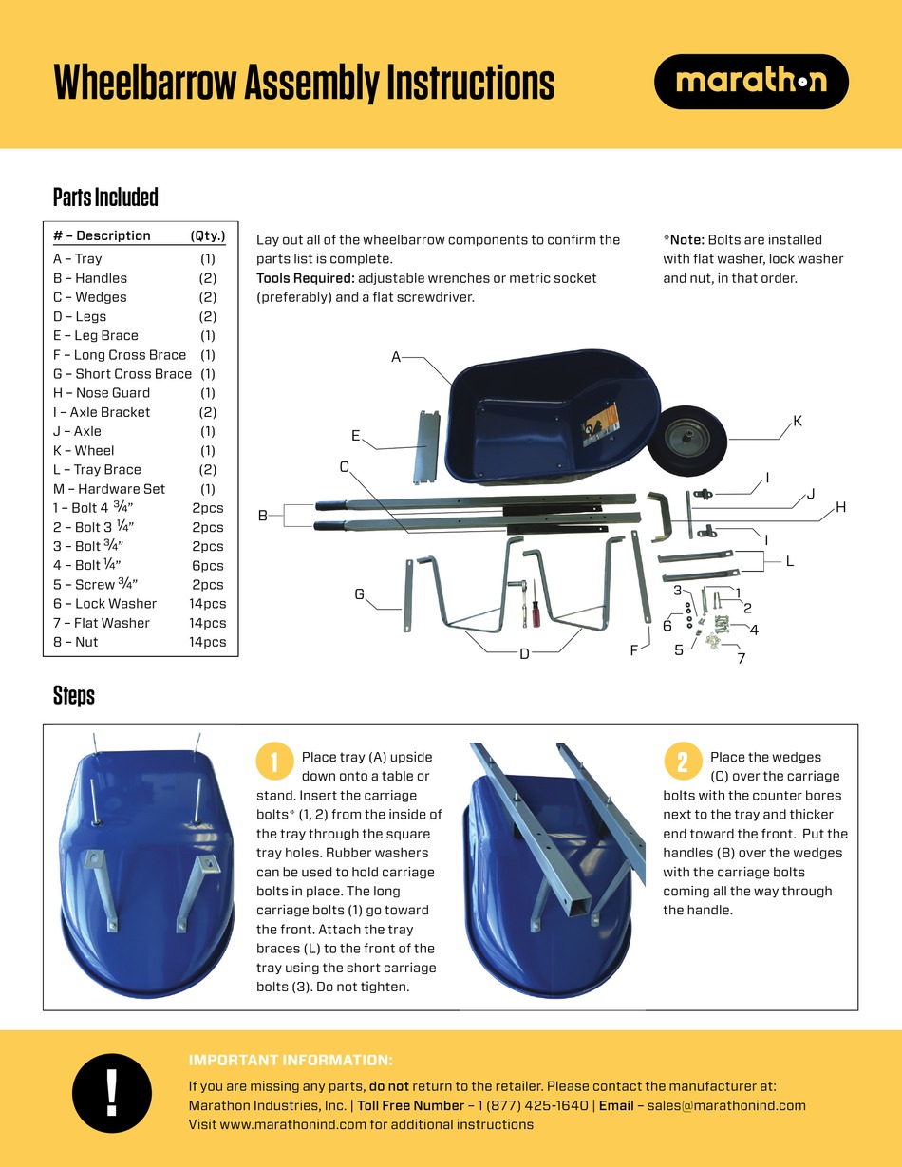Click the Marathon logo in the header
coord(751,82)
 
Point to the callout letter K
coord(798,421)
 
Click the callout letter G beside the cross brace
coord(359,594)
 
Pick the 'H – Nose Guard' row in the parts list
coord(102,393)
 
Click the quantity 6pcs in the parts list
coord(208,565)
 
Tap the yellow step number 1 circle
coord(274,762)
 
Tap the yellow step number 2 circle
coord(683,762)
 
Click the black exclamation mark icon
coord(112,1092)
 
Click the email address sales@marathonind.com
coord(726,1105)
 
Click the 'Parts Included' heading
coord(105,198)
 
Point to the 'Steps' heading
coord(74,695)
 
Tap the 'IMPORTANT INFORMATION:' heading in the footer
coord(291,1061)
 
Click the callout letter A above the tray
coord(396,357)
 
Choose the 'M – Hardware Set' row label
coord(109,489)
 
